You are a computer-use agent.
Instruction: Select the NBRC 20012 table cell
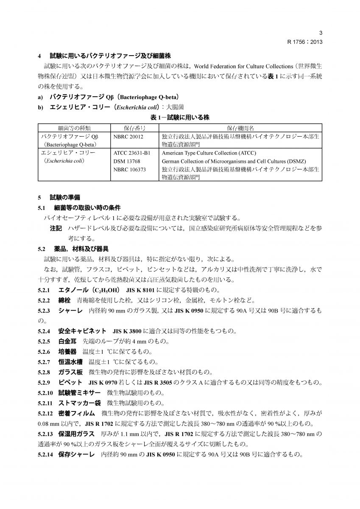pyautogui.click(x=128, y=137)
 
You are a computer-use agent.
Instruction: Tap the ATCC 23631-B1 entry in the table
pyautogui.click(x=133, y=153)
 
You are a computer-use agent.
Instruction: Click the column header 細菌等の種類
pyautogui.click(x=74, y=128)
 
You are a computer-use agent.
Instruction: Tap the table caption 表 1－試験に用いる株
pyautogui.click(x=180, y=117)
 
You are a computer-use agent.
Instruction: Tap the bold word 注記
pyautogui.click(x=56, y=229)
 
